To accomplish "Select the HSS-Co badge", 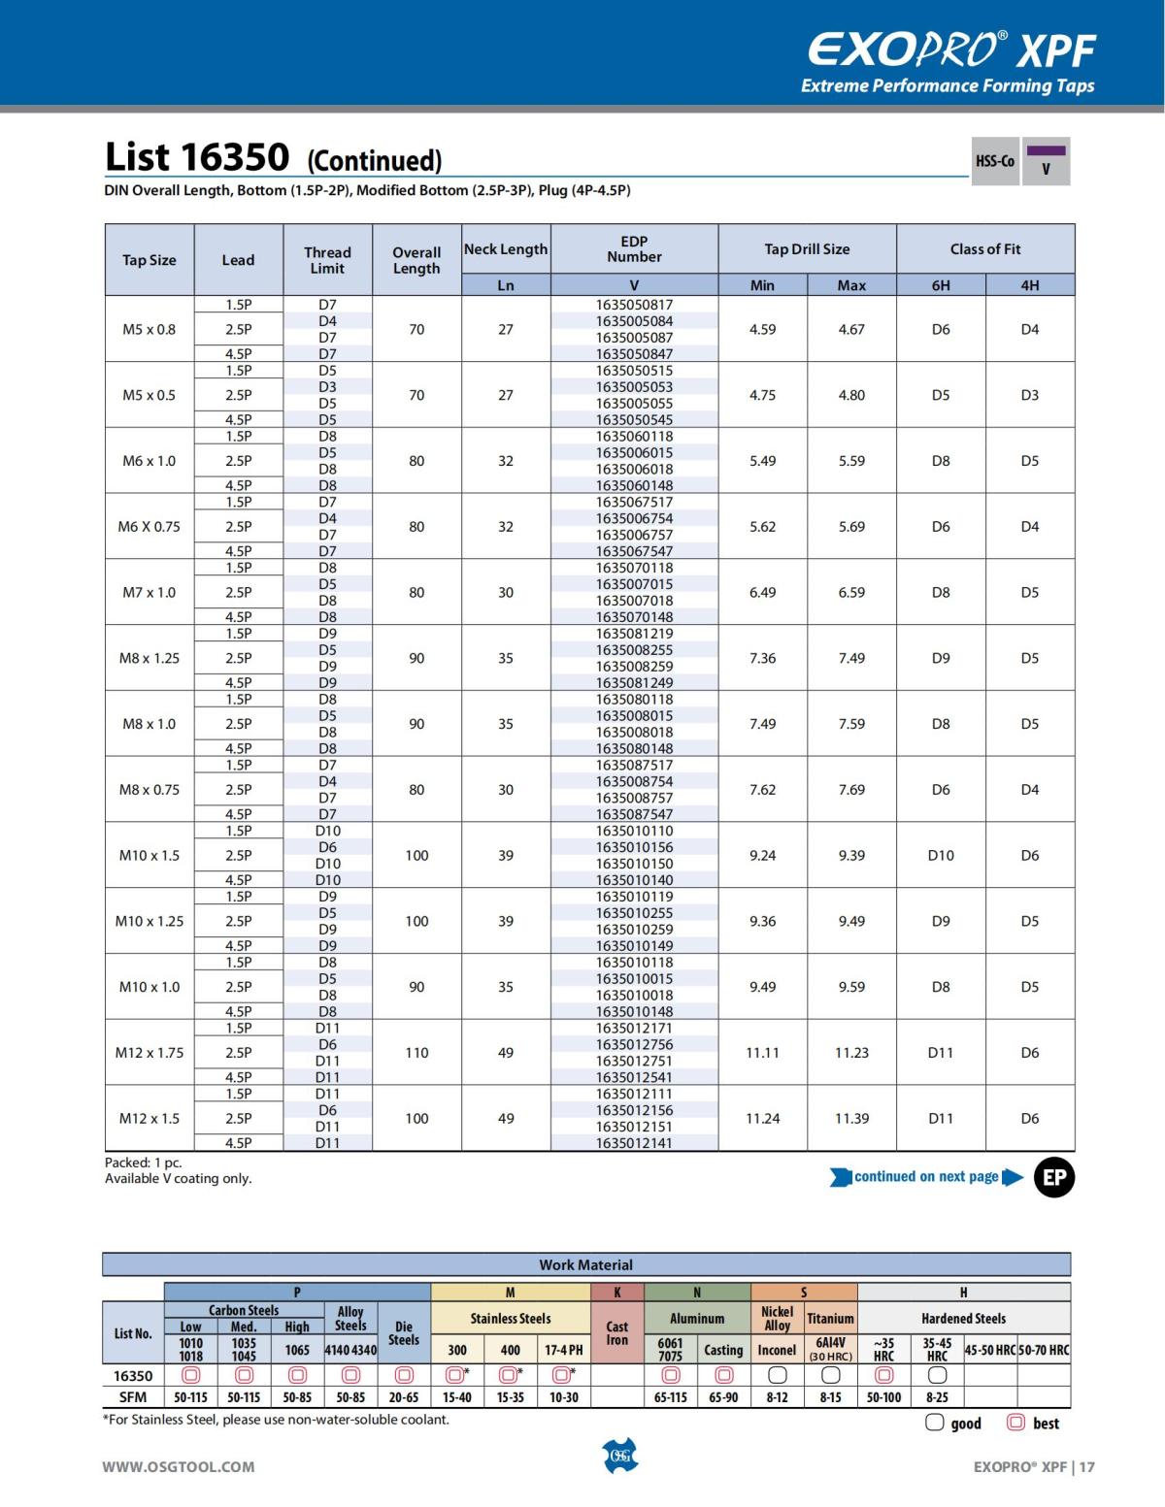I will (994, 161).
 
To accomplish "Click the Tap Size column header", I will (150, 260).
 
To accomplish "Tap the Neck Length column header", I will (506, 249).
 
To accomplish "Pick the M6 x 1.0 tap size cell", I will (150, 461).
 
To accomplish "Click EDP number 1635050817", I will (634, 305).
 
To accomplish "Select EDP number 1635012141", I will (634, 1143).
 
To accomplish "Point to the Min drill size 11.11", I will (763, 1053).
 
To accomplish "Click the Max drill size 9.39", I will (851, 856).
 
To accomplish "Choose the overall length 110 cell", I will (416, 1053).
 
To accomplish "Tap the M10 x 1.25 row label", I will (150, 921).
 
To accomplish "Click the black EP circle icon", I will (1054, 1178).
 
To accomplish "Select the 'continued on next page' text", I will (926, 1177).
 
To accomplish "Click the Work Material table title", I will (585, 1265).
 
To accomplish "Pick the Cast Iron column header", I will (617, 1333).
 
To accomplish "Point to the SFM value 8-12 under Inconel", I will (777, 1398).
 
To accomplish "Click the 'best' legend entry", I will (1035, 1424).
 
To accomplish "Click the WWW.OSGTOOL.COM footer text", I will (179, 1467).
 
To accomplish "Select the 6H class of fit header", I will (941, 285).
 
